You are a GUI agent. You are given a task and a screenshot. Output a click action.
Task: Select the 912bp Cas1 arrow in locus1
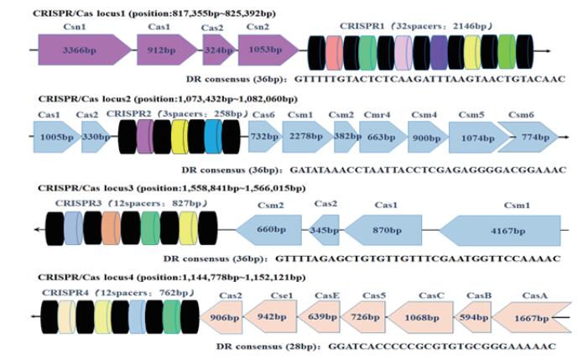click(166, 51)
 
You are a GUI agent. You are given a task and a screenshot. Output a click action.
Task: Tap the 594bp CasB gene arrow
click(473, 318)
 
